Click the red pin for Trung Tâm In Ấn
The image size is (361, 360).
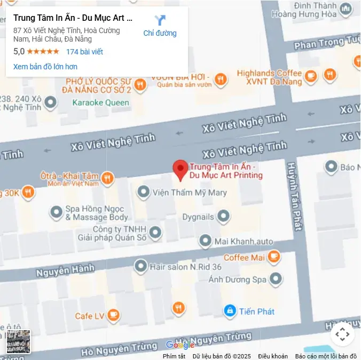pos(180,170)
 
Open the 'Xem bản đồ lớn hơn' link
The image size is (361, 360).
pos(45,67)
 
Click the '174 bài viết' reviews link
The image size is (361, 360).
pos(84,52)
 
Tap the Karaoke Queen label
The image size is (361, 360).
pos(100,102)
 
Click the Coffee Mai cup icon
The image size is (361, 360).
pos(274,257)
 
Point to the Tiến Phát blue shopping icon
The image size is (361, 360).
pos(230,310)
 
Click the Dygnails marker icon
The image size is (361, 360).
pos(224,216)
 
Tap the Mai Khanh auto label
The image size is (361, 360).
pos(244,241)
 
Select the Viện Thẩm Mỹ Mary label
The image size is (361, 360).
pos(190,192)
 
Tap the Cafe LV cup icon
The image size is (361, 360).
pos(113,316)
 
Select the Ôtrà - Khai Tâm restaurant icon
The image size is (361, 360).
pos(107,178)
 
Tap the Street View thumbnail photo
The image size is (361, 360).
pos(18,341)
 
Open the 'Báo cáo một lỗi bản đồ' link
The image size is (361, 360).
pos(326,356)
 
